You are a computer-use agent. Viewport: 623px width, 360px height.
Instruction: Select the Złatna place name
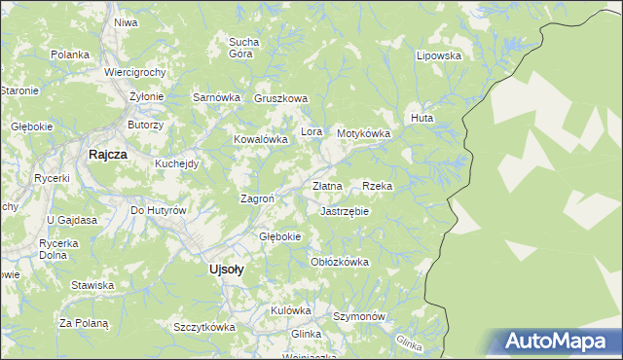pos(327,186)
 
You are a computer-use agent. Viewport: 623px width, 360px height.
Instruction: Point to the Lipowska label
pos(438,55)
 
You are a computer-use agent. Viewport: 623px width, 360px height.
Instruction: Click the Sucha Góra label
pos(242,48)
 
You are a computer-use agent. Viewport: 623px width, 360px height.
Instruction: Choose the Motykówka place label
pos(363,133)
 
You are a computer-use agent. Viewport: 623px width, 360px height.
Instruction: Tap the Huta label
pos(421,118)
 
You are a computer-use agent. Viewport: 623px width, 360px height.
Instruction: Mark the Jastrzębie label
pos(345,210)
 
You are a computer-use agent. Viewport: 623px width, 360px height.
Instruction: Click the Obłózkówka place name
pos(339,262)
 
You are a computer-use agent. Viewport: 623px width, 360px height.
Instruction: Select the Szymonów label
pos(360,317)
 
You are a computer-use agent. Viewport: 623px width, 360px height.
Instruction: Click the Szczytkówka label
pos(204,327)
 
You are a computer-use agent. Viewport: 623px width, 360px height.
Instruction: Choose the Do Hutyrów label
pos(158,210)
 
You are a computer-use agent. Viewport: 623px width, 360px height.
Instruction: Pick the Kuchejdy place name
pos(177,163)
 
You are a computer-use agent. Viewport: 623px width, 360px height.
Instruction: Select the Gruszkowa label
pos(280,98)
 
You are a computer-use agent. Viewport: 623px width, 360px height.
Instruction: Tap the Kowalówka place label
pos(261,139)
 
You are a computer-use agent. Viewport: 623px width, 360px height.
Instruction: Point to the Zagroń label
pos(257,198)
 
